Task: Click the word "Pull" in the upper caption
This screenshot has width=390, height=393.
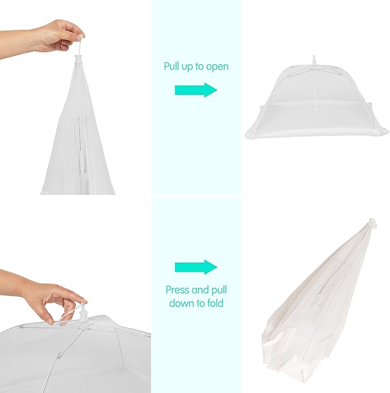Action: click(171, 67)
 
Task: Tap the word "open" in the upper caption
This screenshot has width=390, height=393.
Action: click(217, 67)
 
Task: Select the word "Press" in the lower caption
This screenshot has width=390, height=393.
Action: click(177, 290)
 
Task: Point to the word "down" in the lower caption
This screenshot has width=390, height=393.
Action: click(182, 303)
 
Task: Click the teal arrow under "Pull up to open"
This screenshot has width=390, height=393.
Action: click(196, 90)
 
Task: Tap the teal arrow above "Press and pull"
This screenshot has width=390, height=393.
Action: click(196, 267)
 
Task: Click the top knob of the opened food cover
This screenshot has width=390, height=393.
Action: click(314, 61)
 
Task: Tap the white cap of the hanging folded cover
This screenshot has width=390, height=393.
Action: click(79, 59)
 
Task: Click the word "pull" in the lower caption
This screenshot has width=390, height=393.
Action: click(219, 291)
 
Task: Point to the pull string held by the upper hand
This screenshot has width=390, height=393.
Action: click(79, 45)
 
